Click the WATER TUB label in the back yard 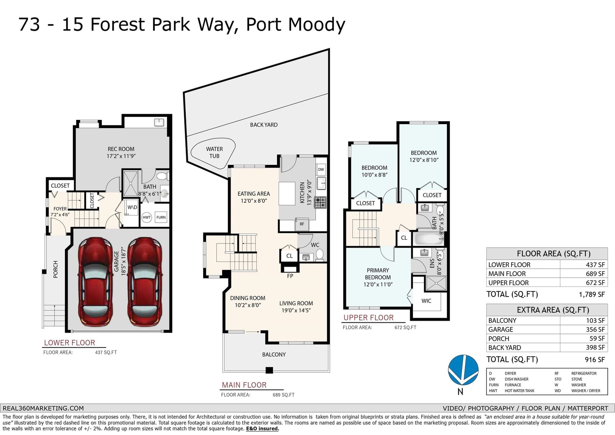[x=214, y=153]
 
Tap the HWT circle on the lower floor [x=146, y=217]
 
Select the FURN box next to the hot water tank [x=161, y=217]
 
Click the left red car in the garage [x=95, y=282]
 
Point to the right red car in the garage [x=145, y=282]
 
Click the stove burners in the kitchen [x=320, y=203]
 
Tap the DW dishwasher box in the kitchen [x=321, y=169]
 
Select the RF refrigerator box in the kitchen [x=302, y=224]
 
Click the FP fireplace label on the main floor [x=290, y=276]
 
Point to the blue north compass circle [x=463, y=370]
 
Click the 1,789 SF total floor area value [x=592, y=295]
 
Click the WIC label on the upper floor [x=426, y=301]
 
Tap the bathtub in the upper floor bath [x=429, y=239]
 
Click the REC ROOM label [x=121, y=149]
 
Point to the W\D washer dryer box [x=132, y=207]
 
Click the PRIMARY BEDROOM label [x=378, y=274]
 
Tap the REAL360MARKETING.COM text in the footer [x=43, y=408]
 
